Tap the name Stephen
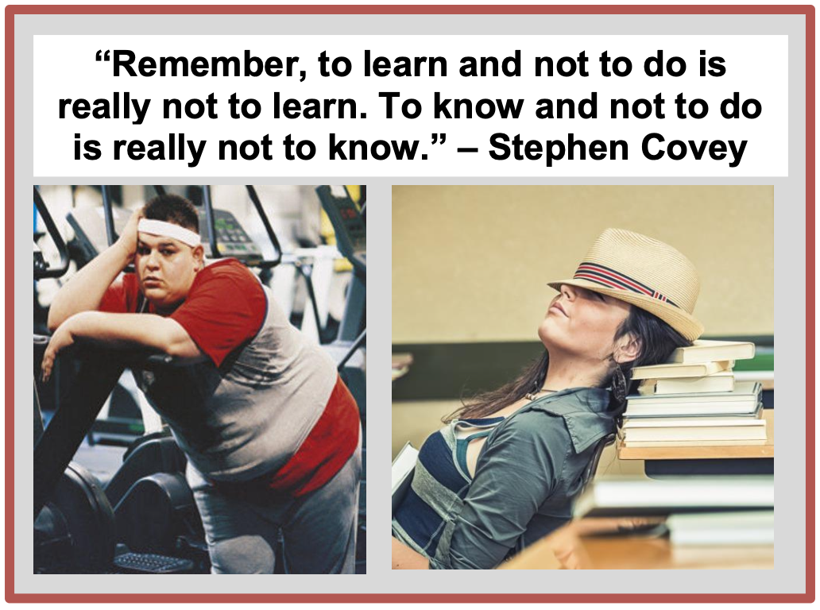click(558, 149)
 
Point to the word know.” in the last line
click(386, 148)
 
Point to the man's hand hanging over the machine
click(50, 361)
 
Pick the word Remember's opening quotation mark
click(102, 56)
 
